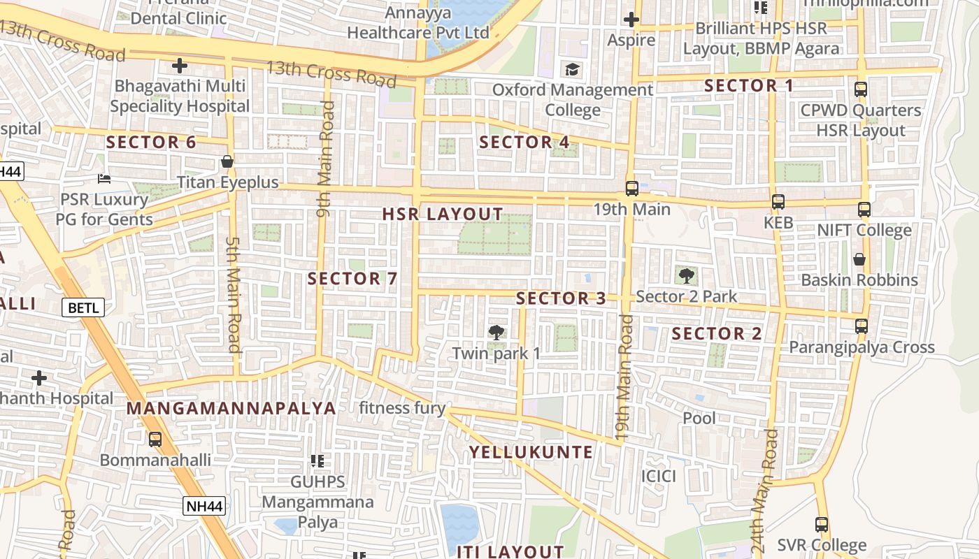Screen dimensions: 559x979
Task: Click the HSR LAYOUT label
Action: tap(443, 215)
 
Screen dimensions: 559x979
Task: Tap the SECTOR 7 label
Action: tap(352, 279)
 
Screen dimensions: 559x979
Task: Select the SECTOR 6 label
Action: tap(151, 143)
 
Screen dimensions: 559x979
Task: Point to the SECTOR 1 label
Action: tap(749, 86)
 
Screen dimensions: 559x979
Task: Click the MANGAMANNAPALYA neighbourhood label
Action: tap(231, 408)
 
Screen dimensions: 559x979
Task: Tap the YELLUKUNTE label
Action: tap(531, 452)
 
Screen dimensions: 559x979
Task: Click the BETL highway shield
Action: tap(83, 307)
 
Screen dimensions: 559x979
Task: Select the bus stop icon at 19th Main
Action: tap(631, 189)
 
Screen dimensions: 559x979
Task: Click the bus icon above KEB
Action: tap(778, 202)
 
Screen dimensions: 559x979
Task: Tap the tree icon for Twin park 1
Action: tap(496, 332)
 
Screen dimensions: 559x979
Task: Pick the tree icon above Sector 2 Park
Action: tap(686, 275)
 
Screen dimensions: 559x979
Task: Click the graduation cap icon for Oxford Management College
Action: tap(573, 69)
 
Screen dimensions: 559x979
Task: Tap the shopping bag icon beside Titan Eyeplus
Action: tap(227, 162)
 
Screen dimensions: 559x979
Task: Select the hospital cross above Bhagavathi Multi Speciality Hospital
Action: tap(180, 66)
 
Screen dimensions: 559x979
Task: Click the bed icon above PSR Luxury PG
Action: tap(104, 179)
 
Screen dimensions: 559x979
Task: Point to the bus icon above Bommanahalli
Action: tap(155, 440)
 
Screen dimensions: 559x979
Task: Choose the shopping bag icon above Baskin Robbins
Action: tap(859, 259)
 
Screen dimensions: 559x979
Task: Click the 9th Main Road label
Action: tap(325, 159)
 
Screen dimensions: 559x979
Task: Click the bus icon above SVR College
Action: tap(822, 525)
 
